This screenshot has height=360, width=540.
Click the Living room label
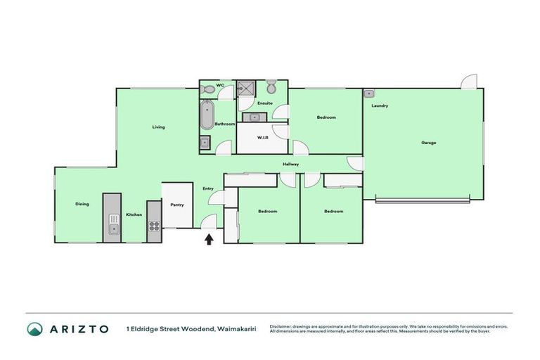coord(158,127)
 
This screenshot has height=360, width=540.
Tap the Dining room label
coord(82,204)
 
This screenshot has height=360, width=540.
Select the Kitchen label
coord(134,214)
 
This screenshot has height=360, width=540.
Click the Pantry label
coord(176,205)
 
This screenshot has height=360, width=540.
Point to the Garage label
coord(428,143)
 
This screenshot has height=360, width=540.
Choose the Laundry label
coord(380,105)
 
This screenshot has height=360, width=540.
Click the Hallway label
coord(290,165)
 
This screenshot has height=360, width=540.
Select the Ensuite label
coord(264,103)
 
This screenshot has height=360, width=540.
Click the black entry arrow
coord(209,239)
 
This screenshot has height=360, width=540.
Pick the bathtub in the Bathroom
coord(207,115)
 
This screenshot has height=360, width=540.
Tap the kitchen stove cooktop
coord(154,226)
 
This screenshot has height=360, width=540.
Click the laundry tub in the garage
coord(368,93)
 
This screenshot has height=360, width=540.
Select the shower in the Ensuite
coord(246,89)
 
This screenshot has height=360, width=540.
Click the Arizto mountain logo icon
coord(34,328)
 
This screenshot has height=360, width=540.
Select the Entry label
coord(207,188)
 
